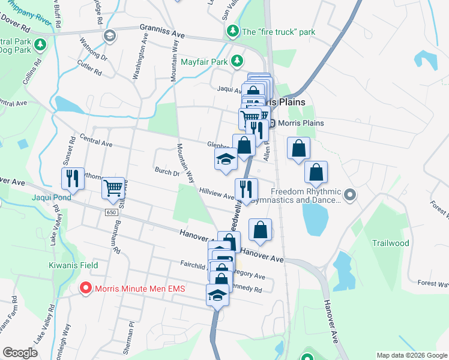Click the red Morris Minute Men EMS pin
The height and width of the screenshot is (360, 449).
click(x=86, y=289)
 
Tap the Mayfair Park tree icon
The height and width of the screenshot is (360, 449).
click(x=238, y=61)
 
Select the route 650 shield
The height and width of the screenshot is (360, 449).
click(x=110, y=212)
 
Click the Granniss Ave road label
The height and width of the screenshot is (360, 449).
click(x=164, y=27)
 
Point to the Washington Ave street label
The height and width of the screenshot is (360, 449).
click(x=140, y=57)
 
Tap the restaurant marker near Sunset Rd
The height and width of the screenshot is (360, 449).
click(x=71, y=177)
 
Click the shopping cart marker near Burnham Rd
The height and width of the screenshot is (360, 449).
click(x=113, y=188)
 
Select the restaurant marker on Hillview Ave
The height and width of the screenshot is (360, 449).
click(x=246, y=188)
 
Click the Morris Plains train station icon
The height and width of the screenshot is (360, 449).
click(x=272, y=124)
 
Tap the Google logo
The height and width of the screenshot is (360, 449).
click(x=20, y=353)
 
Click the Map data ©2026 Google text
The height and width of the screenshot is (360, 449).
click(x=411, y=355)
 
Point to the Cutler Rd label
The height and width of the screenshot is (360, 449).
click(x=89, y=69)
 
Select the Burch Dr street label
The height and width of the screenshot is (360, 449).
click(x=167, y=172)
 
